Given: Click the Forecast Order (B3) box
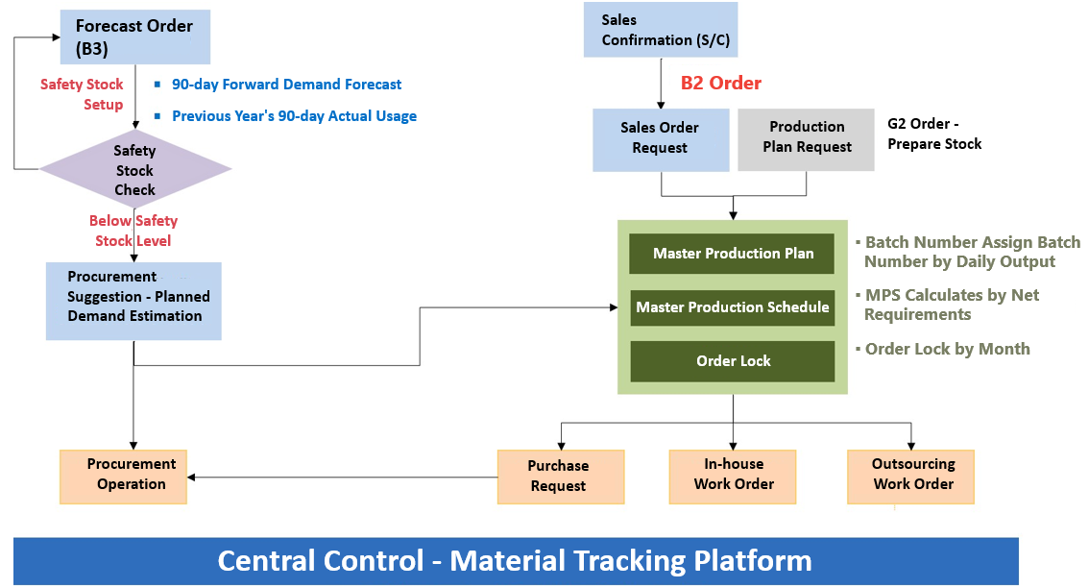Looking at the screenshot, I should pyautogui.click(x=134, y=37).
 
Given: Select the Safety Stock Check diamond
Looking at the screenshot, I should pyautogui.click(x=134, y=170).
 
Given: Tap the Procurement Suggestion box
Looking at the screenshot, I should pyautogui.click(x=133, y=301).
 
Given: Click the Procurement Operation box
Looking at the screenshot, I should pyautogui.click(x=123, y=475).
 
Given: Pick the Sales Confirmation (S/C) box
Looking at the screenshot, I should pyautogui.click(x=660, y=30).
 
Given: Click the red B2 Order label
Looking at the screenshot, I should pyautogui.click(x=720, y=84).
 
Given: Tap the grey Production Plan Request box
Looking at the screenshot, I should pyautogui.click(x=806, y=138).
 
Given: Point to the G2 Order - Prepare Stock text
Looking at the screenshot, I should pyautogui.click(x=934, y=134).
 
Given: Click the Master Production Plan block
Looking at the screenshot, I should pyautogui.click(x=733, y=254).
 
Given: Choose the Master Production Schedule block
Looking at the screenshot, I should pyautogui.click(x=733, y=307).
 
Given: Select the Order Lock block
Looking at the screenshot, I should pyautogui.click(x=733, y=361).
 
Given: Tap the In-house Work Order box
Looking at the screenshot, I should pyautogui.click(x=733, y=475).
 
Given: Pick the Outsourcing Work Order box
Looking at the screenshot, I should pyautogui.click(x=911, y=475).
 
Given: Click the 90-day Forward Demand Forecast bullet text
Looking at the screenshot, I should pyautogui.click(x=286, y=85).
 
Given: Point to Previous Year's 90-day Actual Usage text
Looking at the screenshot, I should pyautogui.click(x=294, y=116).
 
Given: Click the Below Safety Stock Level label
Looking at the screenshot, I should pyautogui.click(x=133, y=232).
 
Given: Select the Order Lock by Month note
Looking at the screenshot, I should pyautogui.click(x=947, y=349).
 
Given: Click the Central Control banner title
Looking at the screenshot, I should pyautogui.click(x=515, y=560).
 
